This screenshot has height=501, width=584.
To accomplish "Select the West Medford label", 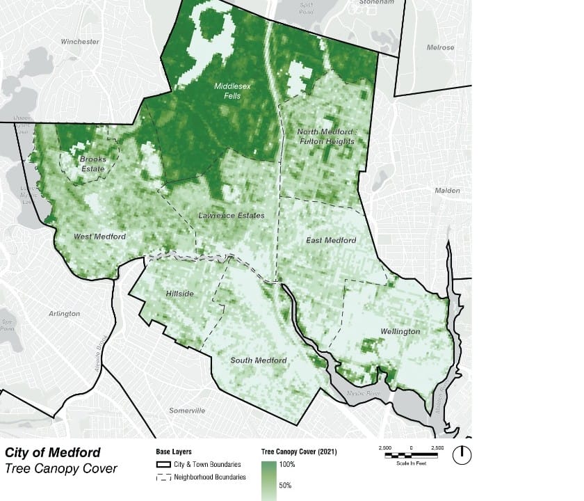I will [x=100, y=237].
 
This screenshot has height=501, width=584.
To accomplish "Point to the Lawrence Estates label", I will [x=232, y=216].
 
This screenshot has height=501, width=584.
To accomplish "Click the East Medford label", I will [x=331, y=240].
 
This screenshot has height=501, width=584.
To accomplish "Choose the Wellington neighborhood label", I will [x=400, y=331].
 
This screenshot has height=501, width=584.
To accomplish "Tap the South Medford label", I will [x=259, y=360].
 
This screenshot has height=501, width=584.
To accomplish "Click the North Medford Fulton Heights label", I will [x=325, y=136].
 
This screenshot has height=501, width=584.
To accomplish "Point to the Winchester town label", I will [x=80, y=42].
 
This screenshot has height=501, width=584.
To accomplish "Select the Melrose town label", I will [x=441, y=47].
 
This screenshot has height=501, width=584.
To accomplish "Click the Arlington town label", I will [x=64, y=314].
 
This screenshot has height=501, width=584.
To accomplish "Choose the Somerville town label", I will [x=188, y=411].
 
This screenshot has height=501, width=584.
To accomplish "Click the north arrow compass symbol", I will [x=462, y=455].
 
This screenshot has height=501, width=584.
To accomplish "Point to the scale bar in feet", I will [x=412, y=455].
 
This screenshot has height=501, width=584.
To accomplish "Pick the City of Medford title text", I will [x=52, y=452].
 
